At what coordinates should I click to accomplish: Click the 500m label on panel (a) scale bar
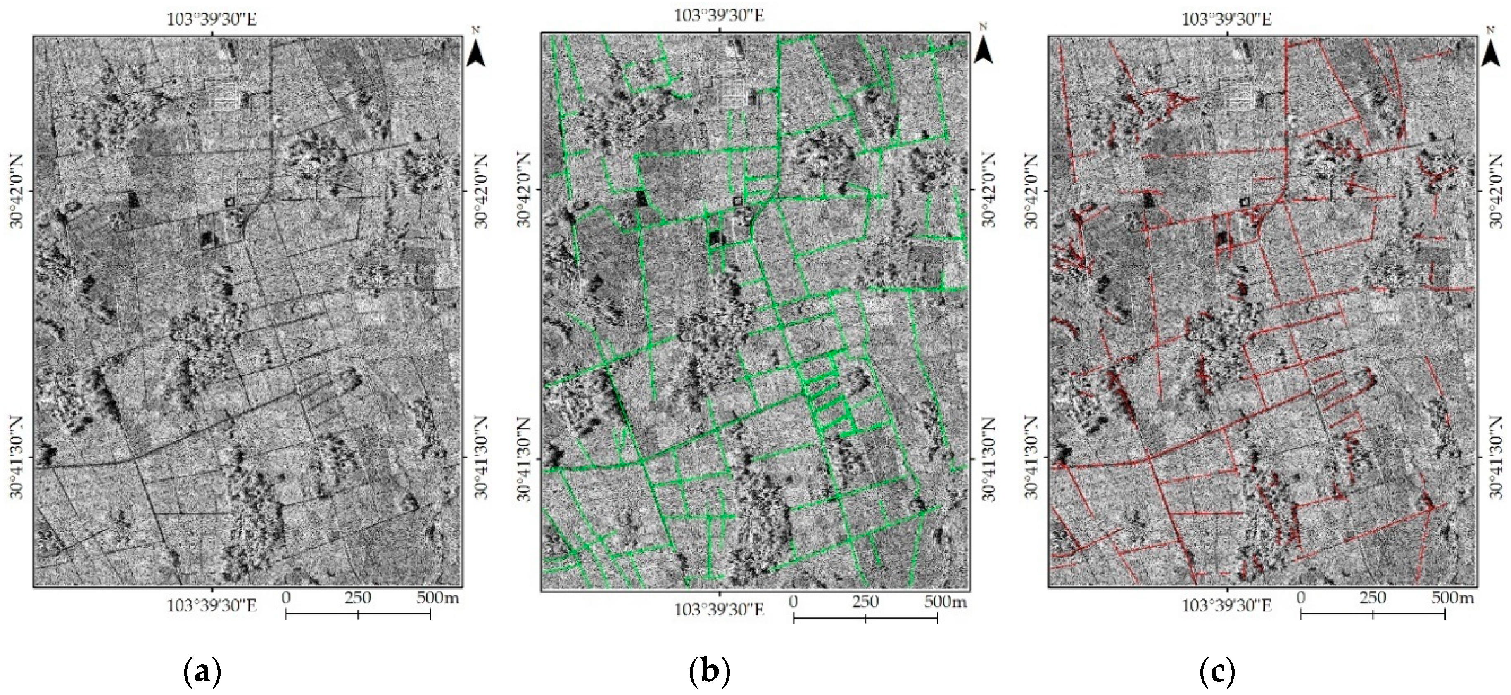[438, 598]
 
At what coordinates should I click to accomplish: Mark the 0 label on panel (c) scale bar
[1300, 598]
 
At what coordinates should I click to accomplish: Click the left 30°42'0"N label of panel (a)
[15, 191]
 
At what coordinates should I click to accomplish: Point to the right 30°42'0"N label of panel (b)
[991, 191]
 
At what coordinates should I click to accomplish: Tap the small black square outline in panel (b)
[737, 201]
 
